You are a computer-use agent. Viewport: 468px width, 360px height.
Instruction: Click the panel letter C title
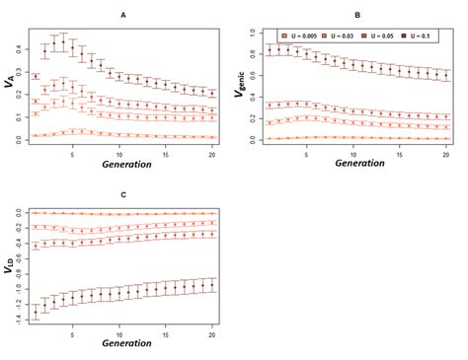click(x=122, y=195)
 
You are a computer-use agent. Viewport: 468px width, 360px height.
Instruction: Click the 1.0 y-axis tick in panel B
click(x=255, y=32)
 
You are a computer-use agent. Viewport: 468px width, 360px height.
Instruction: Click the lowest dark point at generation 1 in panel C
click(x=38, y=312)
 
